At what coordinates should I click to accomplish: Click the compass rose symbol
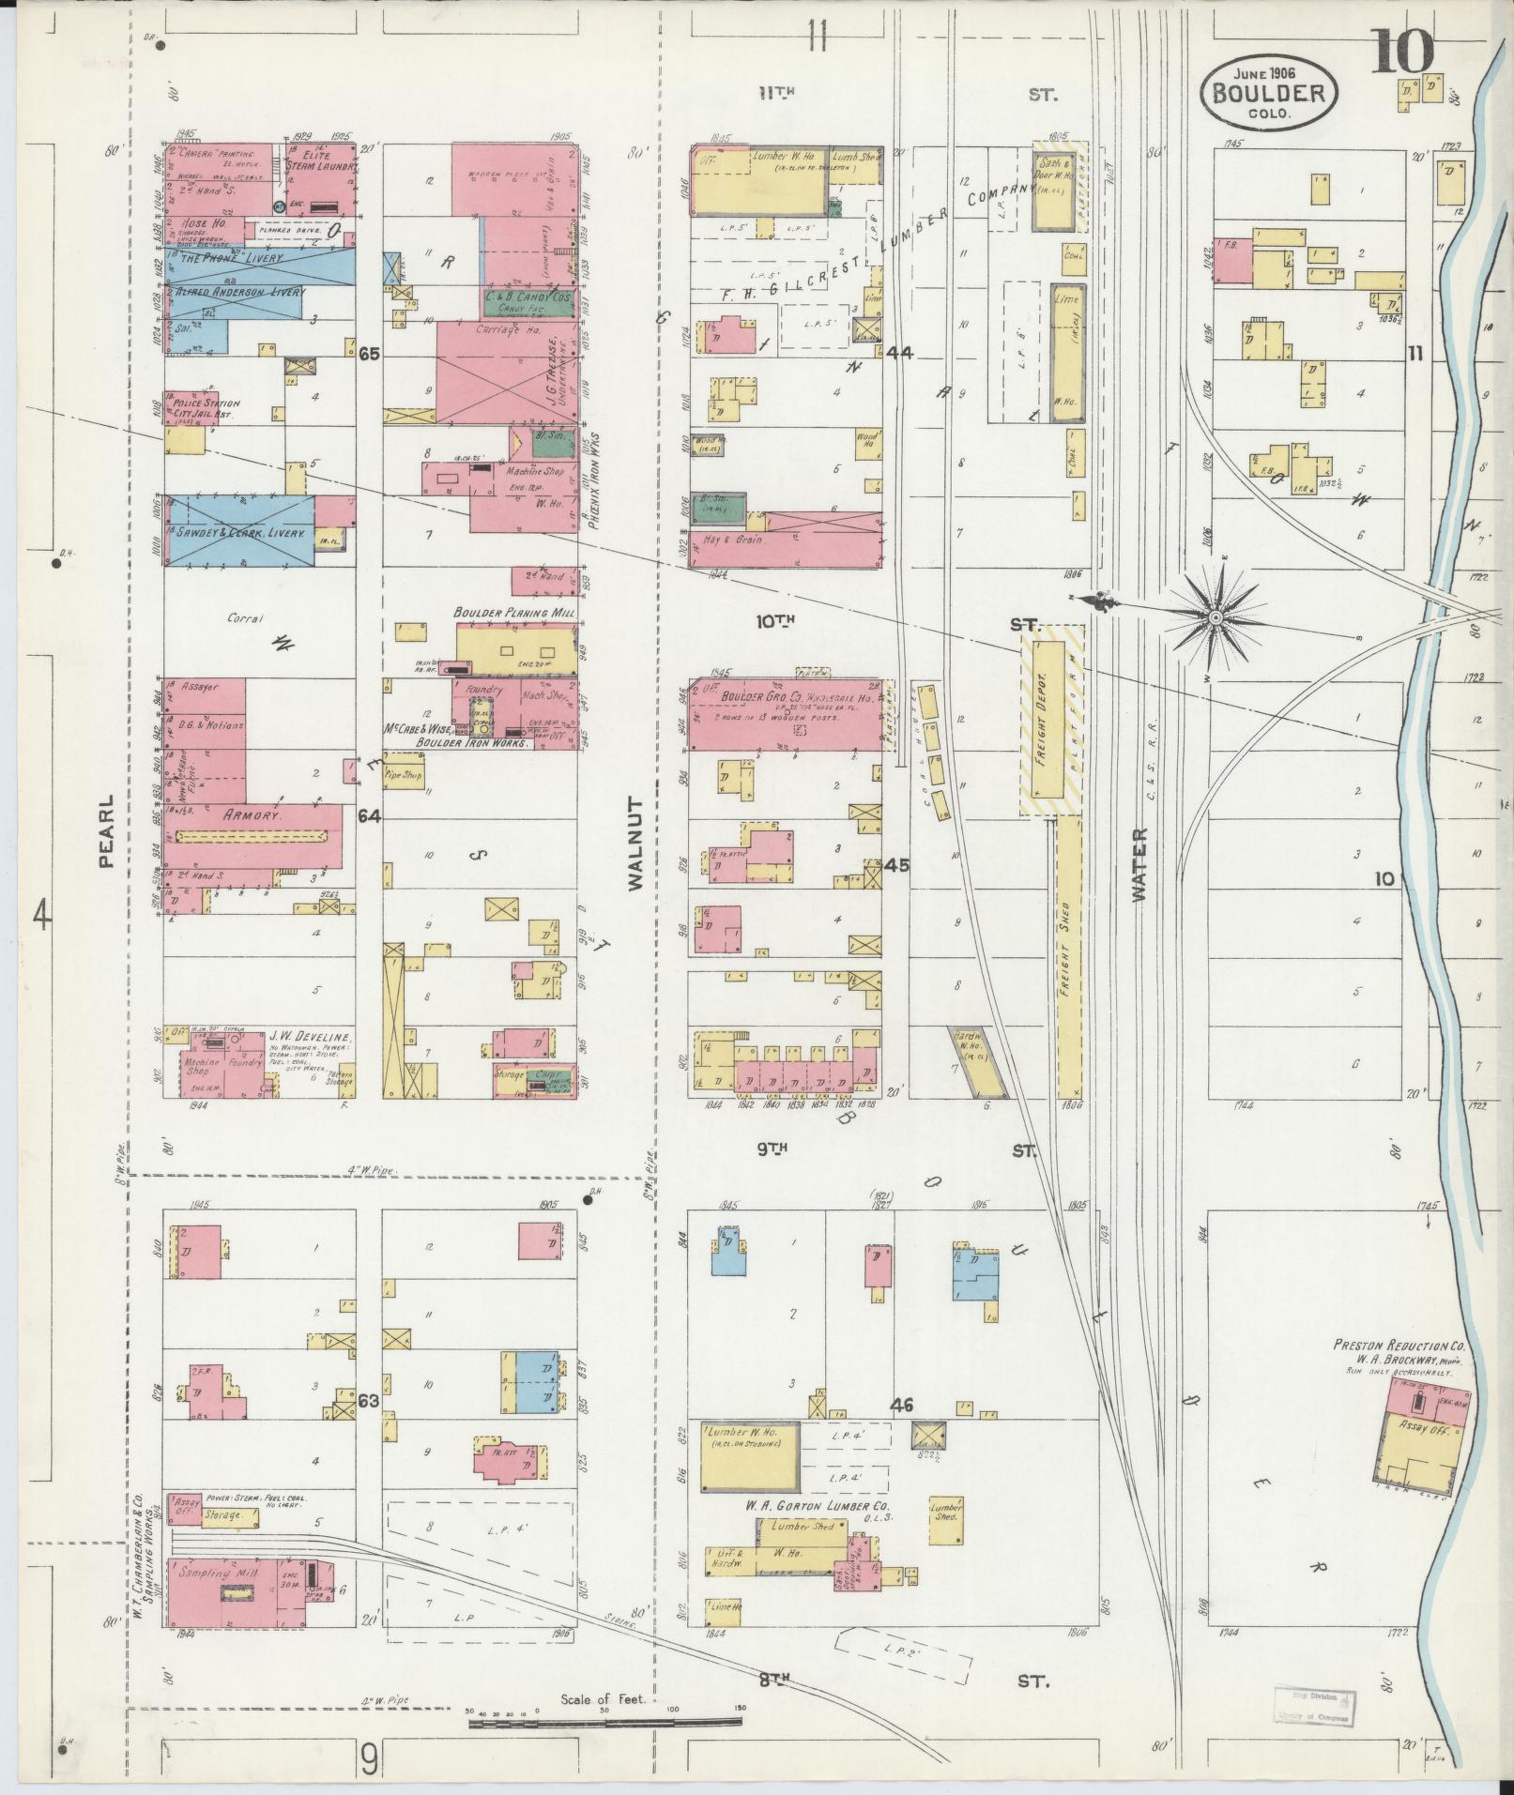[1215, 616]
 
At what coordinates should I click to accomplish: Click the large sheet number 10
[1404, 52]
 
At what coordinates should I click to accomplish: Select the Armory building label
[252, 816]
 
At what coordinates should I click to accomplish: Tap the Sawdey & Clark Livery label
[239, 533]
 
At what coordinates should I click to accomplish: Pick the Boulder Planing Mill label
[514, 612]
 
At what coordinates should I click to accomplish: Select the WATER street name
[1139, 864]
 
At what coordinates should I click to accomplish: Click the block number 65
[369, 354]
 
